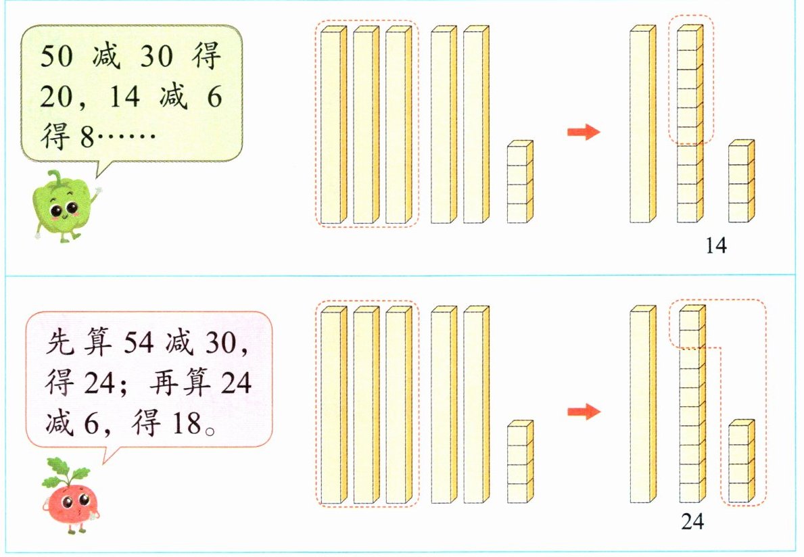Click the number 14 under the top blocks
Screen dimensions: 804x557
click(715, 247)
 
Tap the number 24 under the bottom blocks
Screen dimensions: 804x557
click(692, 522)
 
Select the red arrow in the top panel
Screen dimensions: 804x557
click(584, 132)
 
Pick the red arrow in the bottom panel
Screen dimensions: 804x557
click(584, 411)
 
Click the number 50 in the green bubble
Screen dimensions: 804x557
click(56, 57)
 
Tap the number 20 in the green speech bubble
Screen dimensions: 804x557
click(56, 98)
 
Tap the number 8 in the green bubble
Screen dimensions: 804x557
click(86, 139)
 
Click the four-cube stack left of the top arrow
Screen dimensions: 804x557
click(520, 183)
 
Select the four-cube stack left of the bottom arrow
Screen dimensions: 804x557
click(520, 462)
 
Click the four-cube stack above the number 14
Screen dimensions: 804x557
click(740, 183)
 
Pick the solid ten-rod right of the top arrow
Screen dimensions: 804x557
click(642, 125)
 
